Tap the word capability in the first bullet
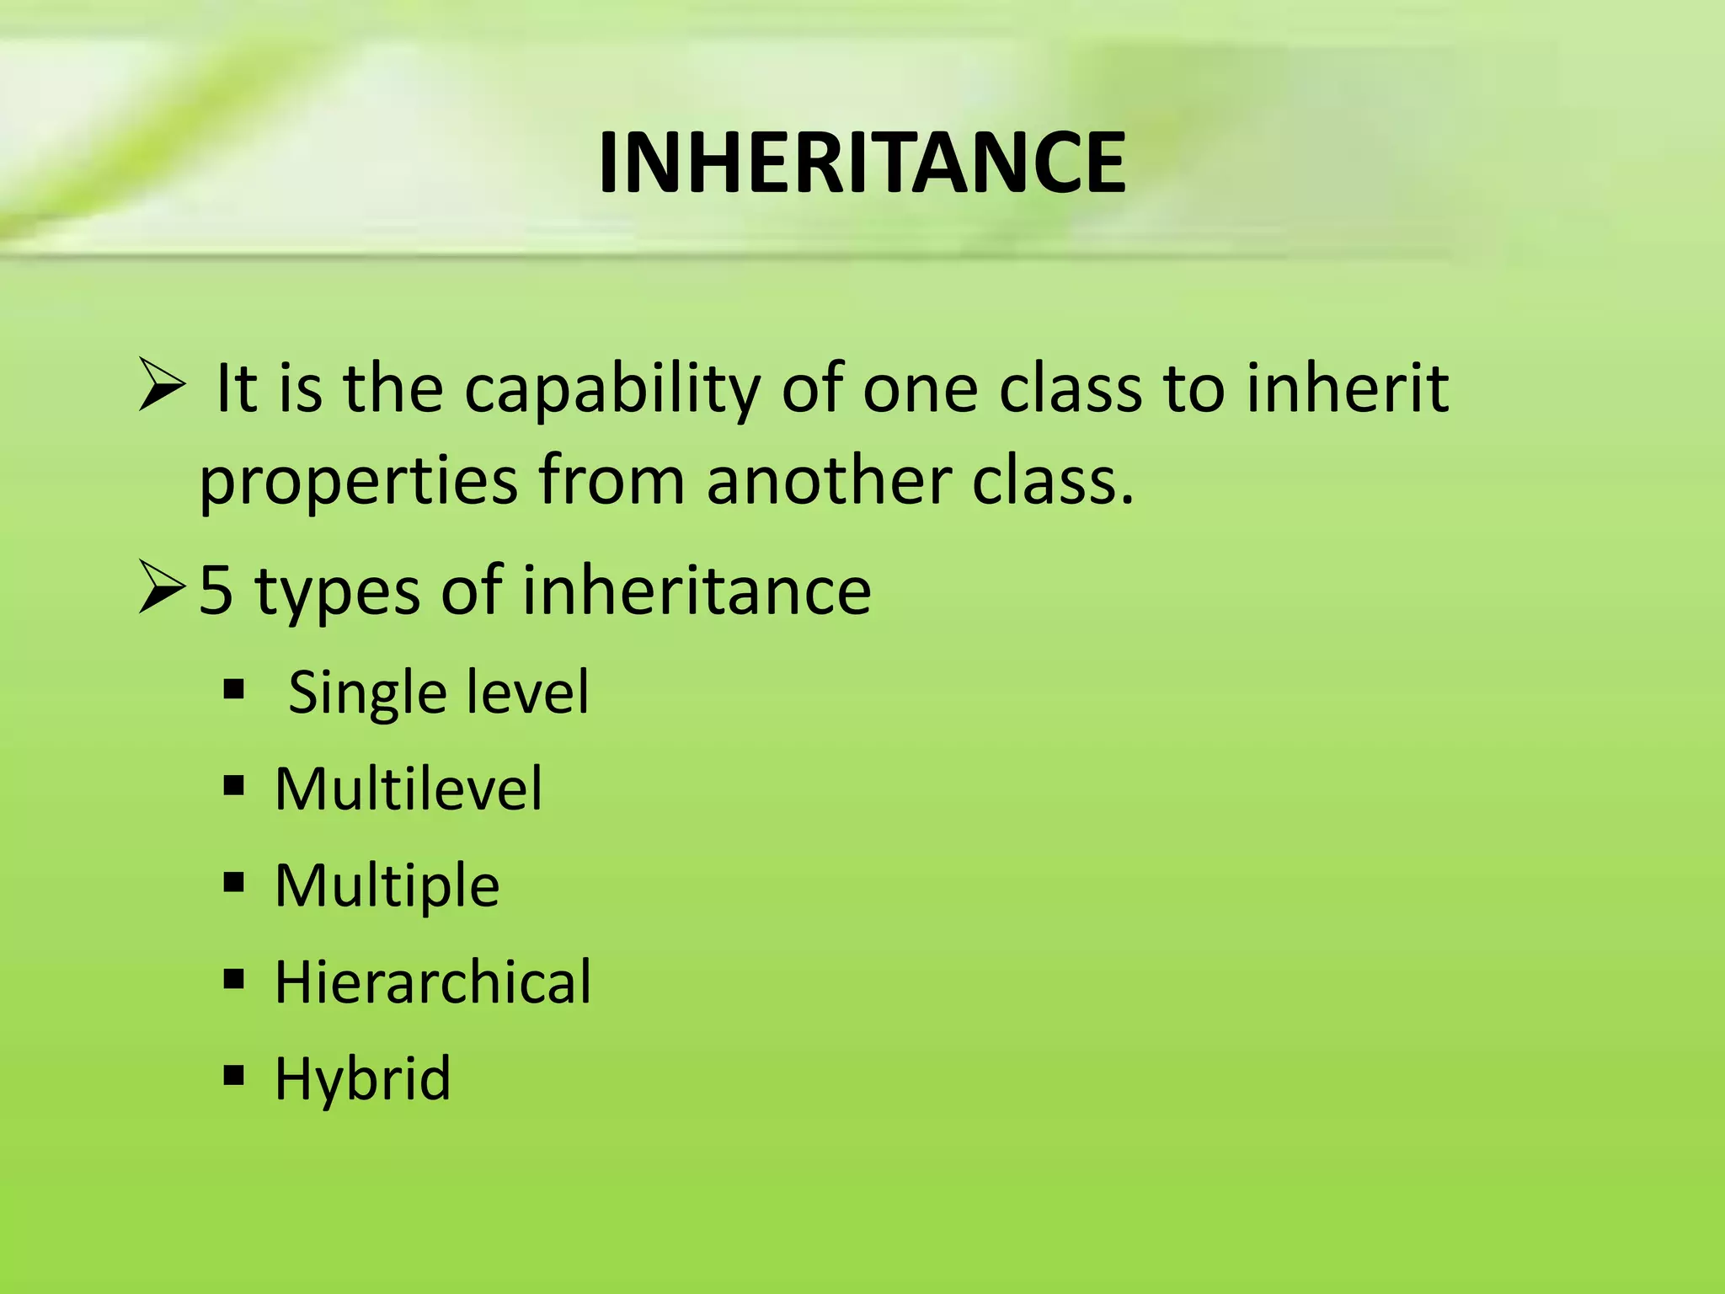[612, 389]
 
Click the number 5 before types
[216, 590]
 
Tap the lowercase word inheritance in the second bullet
[697, 590]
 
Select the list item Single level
[438, 692]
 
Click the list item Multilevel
[409, 789]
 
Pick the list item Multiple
[387, 886]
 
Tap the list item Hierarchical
[433, 982]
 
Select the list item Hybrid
[362, 1079]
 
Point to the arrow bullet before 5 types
[162, 589]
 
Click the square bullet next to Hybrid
[234, 1075]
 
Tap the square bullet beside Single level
[234, 691]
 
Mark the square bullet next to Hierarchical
[234, 979]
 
